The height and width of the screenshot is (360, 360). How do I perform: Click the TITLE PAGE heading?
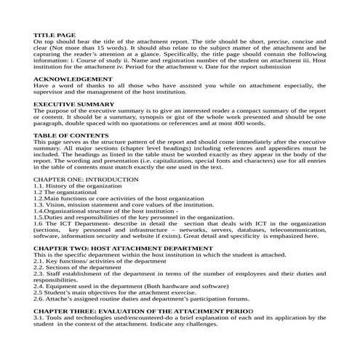click(x=55, y=35)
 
